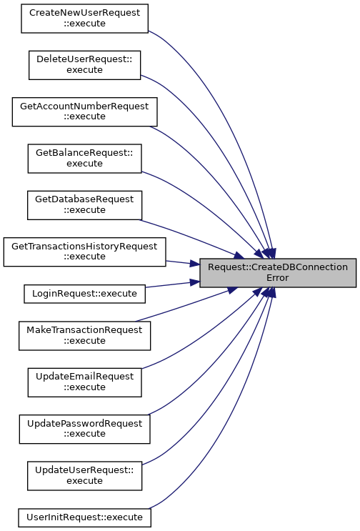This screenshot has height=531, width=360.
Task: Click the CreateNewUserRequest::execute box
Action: pos(84,19)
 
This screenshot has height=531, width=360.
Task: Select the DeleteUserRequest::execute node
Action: pos(84,65)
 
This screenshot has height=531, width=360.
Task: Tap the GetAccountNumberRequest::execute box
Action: pos(84,111)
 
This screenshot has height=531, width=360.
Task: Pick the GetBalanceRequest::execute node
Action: pos(84,159)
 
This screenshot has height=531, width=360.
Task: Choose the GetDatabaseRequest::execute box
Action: pos(84,205)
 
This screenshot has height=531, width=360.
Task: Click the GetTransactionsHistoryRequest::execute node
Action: pos(84,252)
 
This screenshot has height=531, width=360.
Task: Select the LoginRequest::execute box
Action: pos(84,294)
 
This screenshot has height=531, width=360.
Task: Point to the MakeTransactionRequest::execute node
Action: pos(84,336)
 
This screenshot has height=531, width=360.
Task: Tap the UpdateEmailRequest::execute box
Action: pos(84,382)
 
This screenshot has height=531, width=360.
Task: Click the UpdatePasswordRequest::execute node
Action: pos(84,429)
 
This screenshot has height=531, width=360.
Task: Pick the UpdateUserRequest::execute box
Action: pos(84,476)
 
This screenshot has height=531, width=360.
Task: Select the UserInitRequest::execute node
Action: pos(84,517)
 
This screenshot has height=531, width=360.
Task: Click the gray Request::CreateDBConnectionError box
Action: pos(278,273)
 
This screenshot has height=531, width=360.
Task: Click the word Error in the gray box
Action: pos(278,278)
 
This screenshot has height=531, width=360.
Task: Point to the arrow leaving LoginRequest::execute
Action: pos(173,284)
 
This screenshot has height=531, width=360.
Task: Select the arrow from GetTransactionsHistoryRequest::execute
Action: pos(183,263)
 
